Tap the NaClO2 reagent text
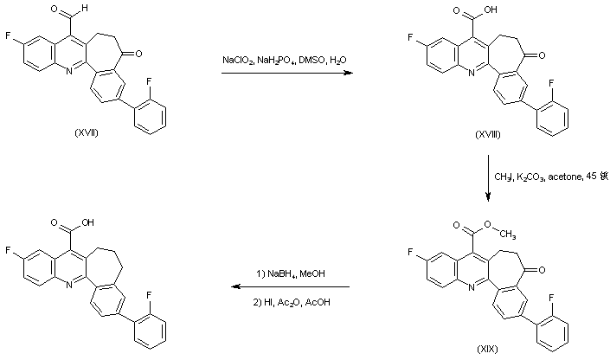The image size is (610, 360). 236,60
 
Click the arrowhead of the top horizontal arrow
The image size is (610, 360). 351,74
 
